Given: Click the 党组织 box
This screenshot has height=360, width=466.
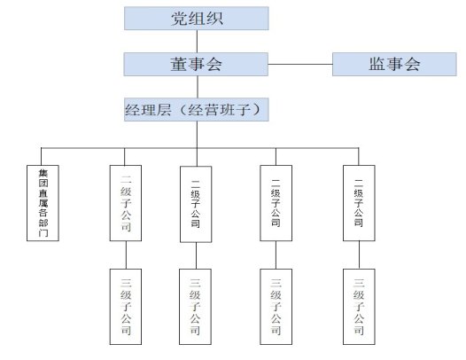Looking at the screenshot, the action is click(x=197, y=19).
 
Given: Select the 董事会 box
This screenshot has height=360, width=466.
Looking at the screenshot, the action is click(x=196, y=64).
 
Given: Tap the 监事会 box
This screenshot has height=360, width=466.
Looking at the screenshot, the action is click(x=394, y=64).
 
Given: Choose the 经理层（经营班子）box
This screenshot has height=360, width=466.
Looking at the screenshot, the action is click(x=197, y=109).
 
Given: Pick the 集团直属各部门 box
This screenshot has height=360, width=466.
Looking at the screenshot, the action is click(x=43, y=203).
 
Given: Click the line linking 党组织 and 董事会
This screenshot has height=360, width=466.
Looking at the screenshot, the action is click(x=197, y=42).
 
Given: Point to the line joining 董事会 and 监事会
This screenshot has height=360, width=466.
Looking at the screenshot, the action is click(x=300, y=64).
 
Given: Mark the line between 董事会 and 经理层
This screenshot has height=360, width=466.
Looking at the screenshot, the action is click(x=198, y=87).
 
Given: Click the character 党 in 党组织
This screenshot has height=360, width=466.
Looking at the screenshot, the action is click(x=180, y=19).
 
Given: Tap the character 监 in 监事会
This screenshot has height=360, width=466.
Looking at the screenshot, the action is click(x=377, y=64).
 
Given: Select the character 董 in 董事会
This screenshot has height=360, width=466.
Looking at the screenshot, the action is click(x=179, y=64).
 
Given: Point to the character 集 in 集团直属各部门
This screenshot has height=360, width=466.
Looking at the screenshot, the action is click(x=43, y=174).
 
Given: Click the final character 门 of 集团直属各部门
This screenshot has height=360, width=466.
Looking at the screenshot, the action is click(x=43, y=232).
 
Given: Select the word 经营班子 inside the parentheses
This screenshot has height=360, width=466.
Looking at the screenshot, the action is click(x=219, y=110).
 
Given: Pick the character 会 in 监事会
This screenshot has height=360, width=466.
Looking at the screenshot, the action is click(x=413, y=64).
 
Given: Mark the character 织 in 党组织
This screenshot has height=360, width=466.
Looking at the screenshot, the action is click(x=214, y=19).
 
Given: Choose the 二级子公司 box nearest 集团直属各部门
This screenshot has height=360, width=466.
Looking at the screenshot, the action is click(x=126, y=203).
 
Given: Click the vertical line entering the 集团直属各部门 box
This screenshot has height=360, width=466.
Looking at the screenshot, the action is click(x=41, y=156).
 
